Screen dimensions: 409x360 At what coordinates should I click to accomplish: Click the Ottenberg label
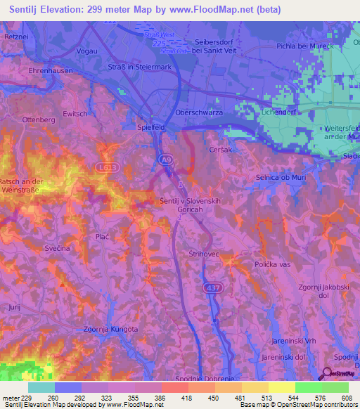(x=39, y=120)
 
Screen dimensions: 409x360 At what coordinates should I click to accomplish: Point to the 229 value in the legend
(x=26, y=398)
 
